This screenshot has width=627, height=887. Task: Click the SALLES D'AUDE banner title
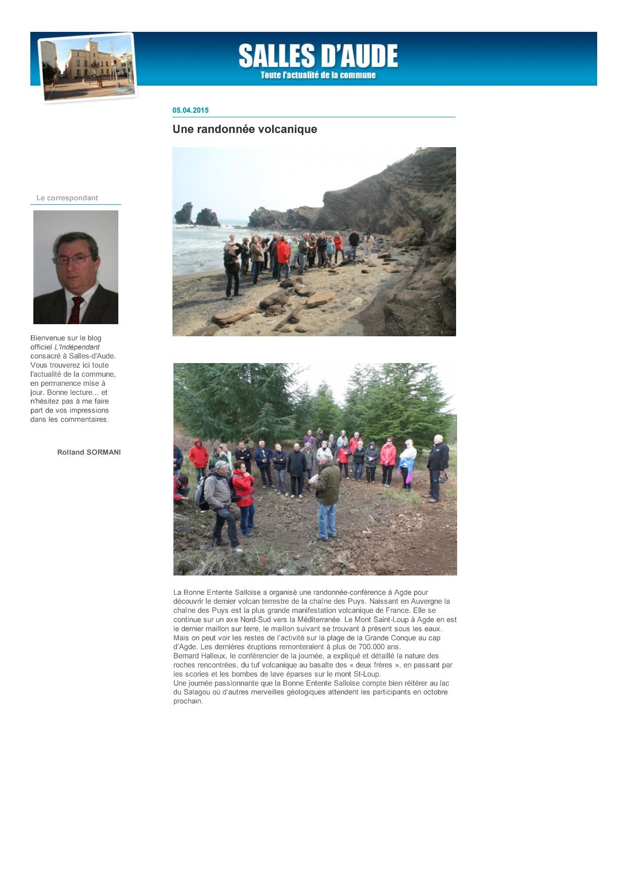(318, 56)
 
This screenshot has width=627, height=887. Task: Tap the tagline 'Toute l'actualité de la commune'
(318, 75)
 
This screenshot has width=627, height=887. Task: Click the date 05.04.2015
(191, 110)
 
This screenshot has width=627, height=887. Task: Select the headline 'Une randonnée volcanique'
(245, 129)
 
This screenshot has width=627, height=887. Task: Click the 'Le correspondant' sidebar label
(67, 198)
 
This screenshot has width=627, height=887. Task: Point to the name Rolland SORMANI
(89, 452)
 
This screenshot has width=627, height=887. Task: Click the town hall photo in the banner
(87, 67)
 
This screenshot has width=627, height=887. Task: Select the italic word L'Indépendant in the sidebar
(77, 347)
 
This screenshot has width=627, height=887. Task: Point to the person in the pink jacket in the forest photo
(388, 460)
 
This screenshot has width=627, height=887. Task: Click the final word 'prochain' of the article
(188, 701)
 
